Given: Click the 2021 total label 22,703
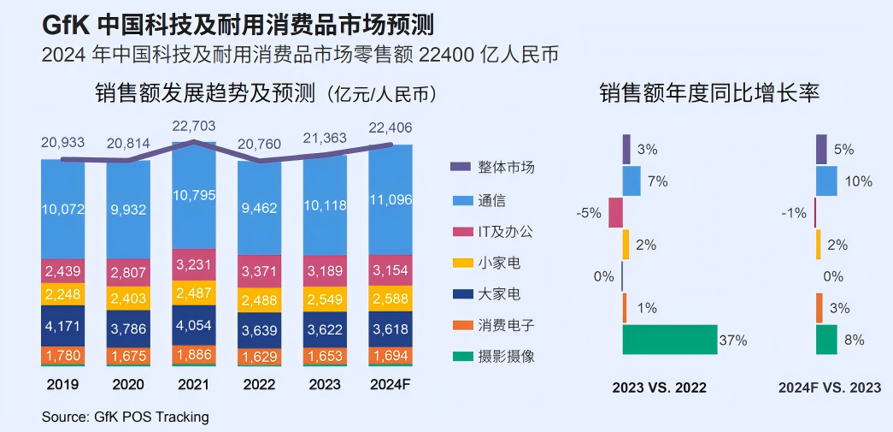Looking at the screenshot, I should (194, 127).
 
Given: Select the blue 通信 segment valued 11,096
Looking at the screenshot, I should (391, 202).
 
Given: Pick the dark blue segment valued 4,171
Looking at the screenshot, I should (63, 326).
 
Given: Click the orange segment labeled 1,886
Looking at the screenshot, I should (194, 354).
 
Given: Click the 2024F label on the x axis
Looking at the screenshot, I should (391, 384).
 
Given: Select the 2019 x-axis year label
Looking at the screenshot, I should (63, 384).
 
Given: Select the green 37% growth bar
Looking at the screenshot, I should (669, 340).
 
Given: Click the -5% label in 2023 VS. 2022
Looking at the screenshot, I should (590, 213).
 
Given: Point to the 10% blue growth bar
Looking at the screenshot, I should (826, 181).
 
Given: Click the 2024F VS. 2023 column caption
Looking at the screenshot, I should (829, 388).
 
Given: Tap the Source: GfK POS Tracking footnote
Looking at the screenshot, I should (125, 417).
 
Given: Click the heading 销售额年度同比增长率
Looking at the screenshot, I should (709, 93).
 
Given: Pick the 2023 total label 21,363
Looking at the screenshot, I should (325, 139).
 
